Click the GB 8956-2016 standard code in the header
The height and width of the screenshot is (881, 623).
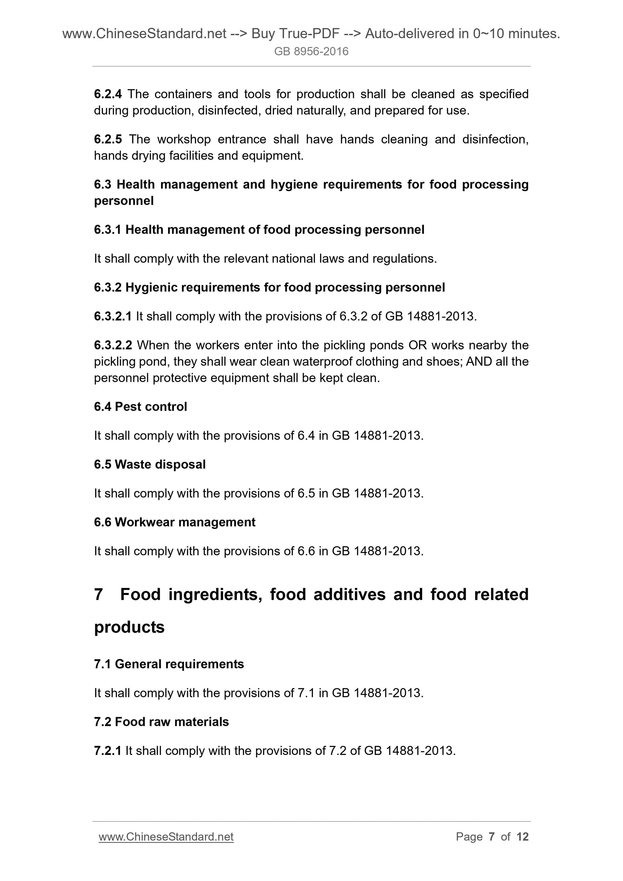311,52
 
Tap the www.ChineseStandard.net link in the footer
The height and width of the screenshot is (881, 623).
166,837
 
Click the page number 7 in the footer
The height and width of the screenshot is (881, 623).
492,837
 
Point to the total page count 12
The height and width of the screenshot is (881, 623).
522,837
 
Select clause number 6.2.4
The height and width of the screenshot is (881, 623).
108,94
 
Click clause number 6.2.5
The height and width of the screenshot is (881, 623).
108,139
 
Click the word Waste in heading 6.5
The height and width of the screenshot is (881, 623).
131,464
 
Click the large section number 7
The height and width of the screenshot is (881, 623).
98,594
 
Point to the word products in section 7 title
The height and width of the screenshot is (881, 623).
129,627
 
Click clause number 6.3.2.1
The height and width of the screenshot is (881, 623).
113,316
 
